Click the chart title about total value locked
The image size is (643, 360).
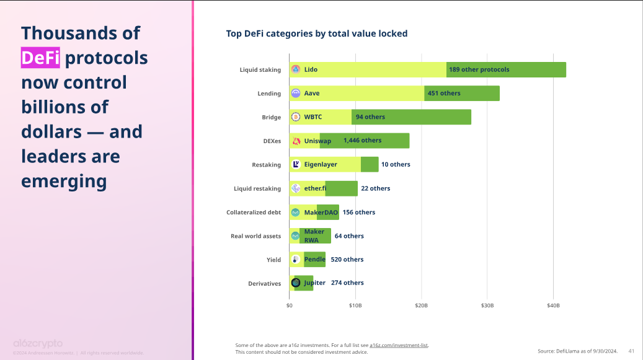pyautogui.click(x=317, y=33)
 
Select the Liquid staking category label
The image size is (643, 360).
pyautogui.click(x=260, y=70)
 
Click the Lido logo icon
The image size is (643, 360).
pyautogui.click(x=296, y=69)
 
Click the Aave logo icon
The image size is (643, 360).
pyautogui.click(x=296, y=94)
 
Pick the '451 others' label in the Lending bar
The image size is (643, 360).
pyautogui.click(x=444, y=94)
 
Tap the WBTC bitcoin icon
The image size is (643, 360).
pyautogui.click(x=296, y=117)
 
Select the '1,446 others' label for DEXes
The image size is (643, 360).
pyautogui.click(x=362, y=141)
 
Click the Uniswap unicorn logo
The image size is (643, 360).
pyautogui.click(x=296, y=141)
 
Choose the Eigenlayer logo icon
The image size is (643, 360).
pyautogui.click(x=296, y=164)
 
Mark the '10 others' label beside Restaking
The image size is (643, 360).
pyautogui.click(x=396, y=164)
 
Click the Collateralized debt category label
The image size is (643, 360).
pyautogui.click(x=254, y=213)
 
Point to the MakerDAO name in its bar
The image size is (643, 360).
pyautogui.click(x=321, y=213)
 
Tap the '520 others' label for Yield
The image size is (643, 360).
pyautogui.click(x=347, y=260)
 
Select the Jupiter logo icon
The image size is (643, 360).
pyautogui.click(x=296, y=283)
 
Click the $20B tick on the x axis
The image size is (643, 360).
pyautogui.click(x=422, y=305)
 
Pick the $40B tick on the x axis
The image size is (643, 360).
pyautogui.click(x=554, y=305)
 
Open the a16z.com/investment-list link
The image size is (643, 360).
pyautogui.click(x=399, y=345)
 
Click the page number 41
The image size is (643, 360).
pyautogui.click(x=631, y=351)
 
